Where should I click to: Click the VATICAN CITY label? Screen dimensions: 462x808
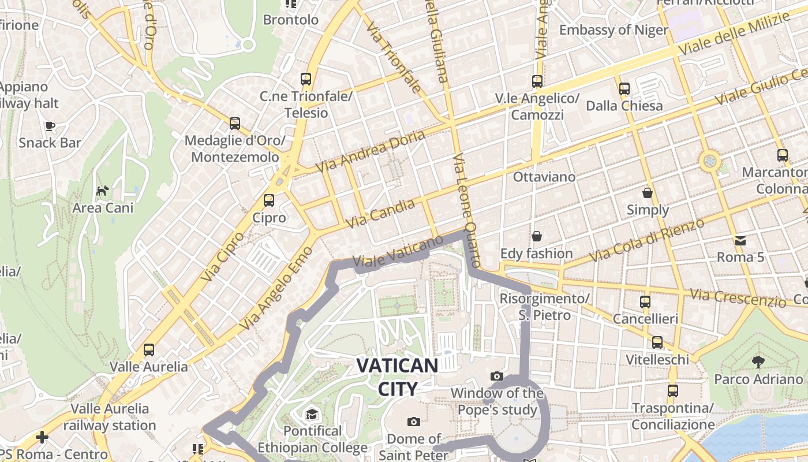point(397,377)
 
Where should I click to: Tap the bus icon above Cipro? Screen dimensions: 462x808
point(269,200)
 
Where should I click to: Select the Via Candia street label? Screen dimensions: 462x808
point(380,213)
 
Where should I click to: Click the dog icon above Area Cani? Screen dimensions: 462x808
point(103,190)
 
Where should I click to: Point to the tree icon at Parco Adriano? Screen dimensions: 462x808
point(758,362)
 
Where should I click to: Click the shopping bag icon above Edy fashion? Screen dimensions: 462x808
point(537,236)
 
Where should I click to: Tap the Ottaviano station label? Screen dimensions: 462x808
point(544,177)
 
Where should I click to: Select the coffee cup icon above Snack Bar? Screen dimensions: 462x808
point(50,125)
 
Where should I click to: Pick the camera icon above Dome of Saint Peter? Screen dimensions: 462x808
point(413,422)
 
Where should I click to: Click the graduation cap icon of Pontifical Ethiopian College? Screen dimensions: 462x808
point(312,414)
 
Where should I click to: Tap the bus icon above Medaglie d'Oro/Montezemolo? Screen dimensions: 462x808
point(234,123)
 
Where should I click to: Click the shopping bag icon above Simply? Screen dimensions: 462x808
point(648,192)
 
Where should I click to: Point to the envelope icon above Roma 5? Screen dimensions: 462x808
point(740,240)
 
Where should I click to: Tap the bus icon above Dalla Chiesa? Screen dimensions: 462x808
point(624,88)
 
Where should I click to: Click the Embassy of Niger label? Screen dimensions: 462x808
point(613,30)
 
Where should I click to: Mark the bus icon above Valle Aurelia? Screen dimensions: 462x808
point(149,349)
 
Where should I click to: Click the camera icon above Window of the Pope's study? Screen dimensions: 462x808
point(496,377)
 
